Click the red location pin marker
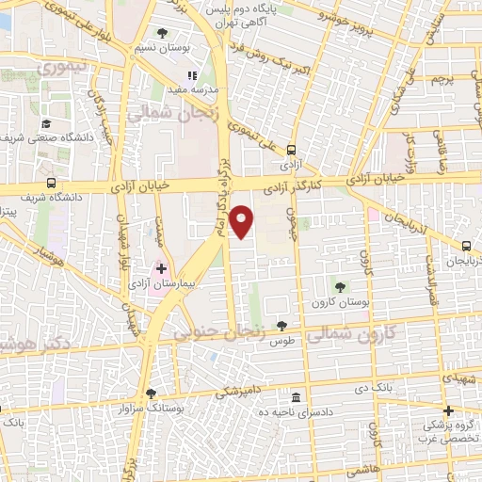pos(242,220)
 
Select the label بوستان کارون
pos(338,302)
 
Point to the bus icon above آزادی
pos(291,148)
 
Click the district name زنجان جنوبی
pos(215,331)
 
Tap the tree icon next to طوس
pos(281,326)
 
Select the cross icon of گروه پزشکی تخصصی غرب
pos(449,410)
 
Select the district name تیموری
pos(70,68)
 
